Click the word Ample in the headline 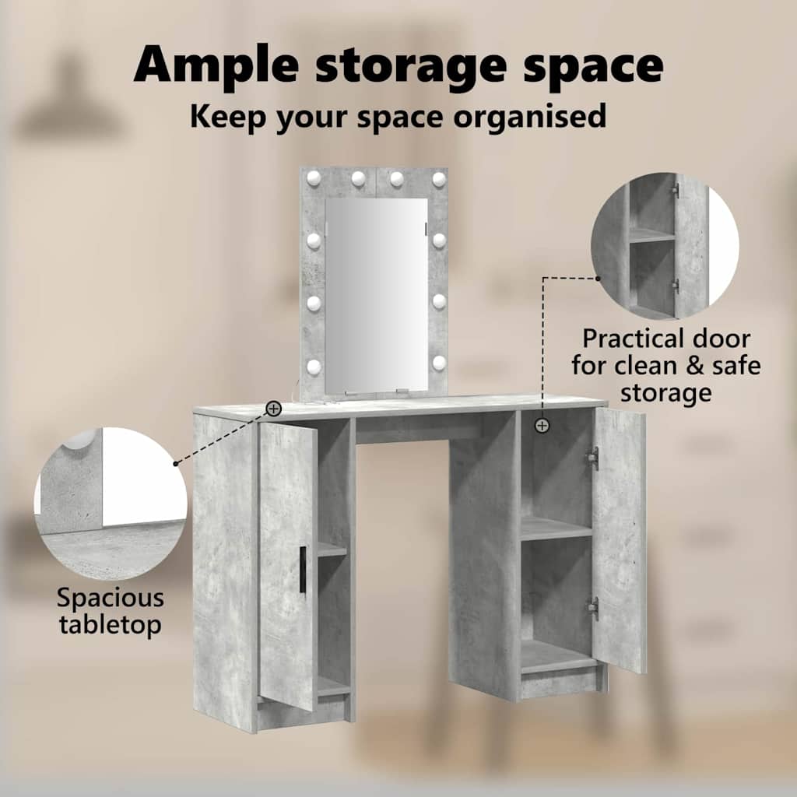point(216,66)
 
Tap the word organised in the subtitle point(530,117)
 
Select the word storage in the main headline point(411,68)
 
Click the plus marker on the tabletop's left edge point(273,408)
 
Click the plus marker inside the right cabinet point(542,426)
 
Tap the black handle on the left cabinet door point(303,570)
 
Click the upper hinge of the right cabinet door point(592,455)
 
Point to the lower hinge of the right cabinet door point(592,607)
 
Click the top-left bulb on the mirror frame point(314,178)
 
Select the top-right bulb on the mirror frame point(439,178)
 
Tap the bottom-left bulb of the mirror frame point(314,366)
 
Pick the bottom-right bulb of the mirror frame point(439,363)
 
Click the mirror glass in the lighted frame point(376,295)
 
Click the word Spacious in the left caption point(111,598)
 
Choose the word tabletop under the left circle point(111,625)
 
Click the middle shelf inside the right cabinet point(556,528)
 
